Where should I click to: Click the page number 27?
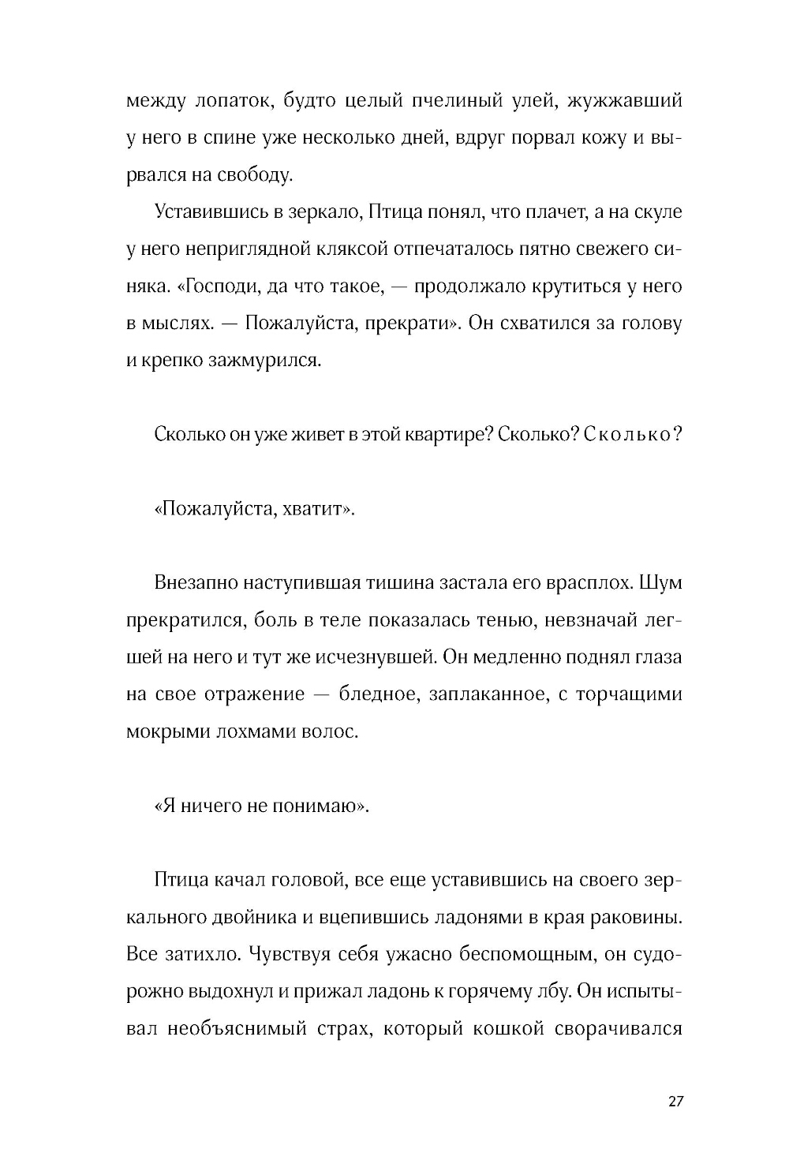(x=675, y=1102)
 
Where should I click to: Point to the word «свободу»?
(x=254, y=175)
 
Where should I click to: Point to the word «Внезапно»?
(x=196, y=583)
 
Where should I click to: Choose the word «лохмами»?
(x=260, y=732)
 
